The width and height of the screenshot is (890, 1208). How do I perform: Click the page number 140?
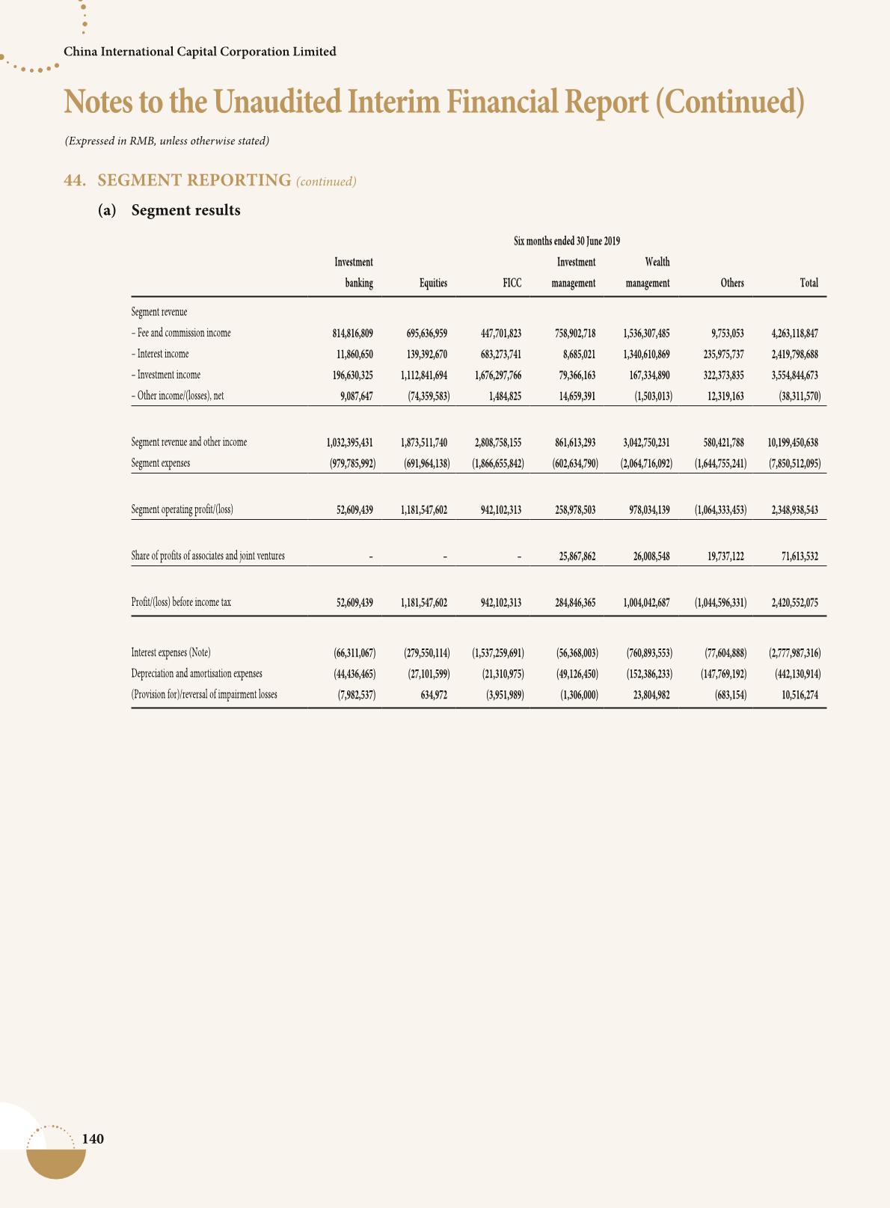[x=93, y=1138]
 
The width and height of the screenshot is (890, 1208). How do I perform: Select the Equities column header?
[x=433, y=283]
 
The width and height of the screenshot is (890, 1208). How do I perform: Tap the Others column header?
[x=731, y=283]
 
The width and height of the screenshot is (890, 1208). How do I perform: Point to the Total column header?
[x=808, y=283]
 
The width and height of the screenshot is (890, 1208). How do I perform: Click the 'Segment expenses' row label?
[x=160, y=463]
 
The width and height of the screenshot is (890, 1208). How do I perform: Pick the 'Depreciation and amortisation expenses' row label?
[x=196, y=673]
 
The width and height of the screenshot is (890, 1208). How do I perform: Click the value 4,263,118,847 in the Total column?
[x=794, y=333]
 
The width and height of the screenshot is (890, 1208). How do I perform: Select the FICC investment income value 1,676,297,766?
[x=497, y=375]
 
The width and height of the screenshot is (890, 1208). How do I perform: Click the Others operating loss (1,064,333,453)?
[x=720, y=510]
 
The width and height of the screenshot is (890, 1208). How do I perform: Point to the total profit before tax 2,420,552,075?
[x=794, y=601]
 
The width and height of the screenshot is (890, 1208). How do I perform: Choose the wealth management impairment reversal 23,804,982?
[x=645, y=694]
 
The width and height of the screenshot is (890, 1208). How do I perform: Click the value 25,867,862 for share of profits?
[x=577, y=556]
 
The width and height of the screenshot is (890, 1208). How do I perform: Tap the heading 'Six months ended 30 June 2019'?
[x=566, y=241]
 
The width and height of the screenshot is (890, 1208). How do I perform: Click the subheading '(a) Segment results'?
[x=170, y=210]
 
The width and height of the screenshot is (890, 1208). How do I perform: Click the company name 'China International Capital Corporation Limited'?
[x=200, y=52]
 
